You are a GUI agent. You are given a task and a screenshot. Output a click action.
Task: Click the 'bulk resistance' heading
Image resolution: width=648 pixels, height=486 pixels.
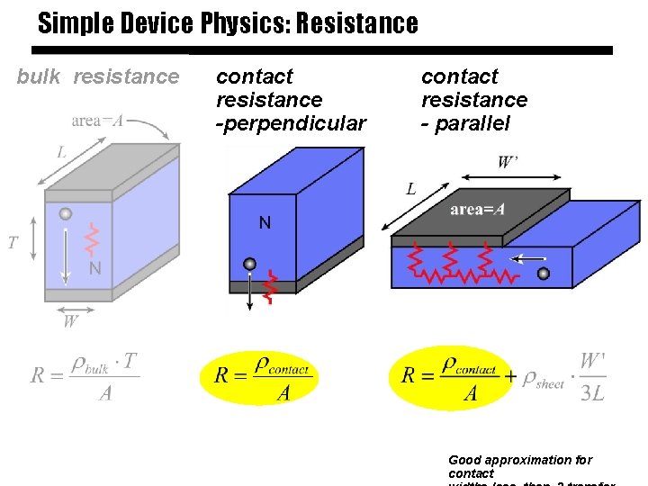98,77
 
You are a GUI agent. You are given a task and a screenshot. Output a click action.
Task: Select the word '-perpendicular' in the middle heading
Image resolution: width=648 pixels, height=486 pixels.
291,123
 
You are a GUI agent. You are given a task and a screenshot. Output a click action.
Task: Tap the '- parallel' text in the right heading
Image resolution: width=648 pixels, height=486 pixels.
465,123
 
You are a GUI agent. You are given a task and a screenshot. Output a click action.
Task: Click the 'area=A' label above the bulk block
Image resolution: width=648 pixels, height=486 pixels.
97,121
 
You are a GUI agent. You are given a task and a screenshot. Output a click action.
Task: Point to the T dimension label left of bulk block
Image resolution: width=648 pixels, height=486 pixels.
13,242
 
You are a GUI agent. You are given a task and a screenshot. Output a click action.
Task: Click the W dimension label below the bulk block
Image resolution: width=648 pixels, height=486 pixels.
70,319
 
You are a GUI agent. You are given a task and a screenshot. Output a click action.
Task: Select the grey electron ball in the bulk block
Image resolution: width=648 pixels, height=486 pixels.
66,214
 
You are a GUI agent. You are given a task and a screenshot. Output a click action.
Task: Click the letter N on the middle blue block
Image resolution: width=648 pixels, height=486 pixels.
265,222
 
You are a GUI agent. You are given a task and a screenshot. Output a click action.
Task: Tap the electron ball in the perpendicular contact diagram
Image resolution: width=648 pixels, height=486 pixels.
250,265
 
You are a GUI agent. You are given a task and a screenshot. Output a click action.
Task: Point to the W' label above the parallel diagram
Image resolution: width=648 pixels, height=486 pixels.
508,163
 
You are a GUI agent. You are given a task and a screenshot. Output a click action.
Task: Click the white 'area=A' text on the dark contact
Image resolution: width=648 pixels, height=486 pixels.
477,210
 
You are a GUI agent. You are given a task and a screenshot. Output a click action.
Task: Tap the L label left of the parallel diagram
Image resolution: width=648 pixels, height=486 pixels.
410,189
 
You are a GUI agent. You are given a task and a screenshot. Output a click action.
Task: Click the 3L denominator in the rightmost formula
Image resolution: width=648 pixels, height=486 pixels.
591,393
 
